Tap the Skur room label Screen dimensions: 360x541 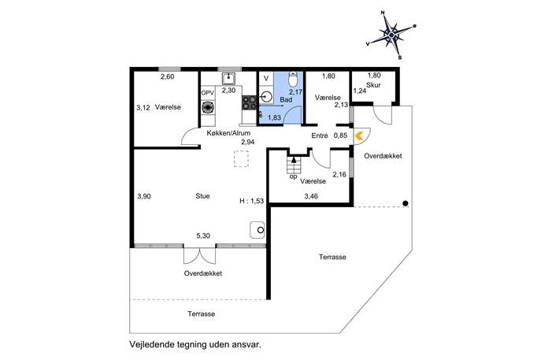(384, 84)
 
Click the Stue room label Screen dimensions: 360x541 (202, 197)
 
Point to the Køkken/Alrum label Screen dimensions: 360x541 (228, 133)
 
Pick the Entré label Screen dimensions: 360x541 (320, 135)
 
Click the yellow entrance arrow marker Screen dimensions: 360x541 (359, 135)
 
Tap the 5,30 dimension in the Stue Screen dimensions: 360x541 (203, 236)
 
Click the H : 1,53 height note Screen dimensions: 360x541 (251, 202)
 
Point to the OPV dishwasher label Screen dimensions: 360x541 (208, 93)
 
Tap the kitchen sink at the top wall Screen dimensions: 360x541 (228, 79)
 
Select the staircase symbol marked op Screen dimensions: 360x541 (295, 165)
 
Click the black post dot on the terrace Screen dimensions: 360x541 (405, 204)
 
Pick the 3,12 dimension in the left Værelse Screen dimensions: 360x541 (143, 108)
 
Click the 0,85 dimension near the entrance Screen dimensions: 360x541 (340, 135)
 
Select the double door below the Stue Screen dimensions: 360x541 (198, 255)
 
